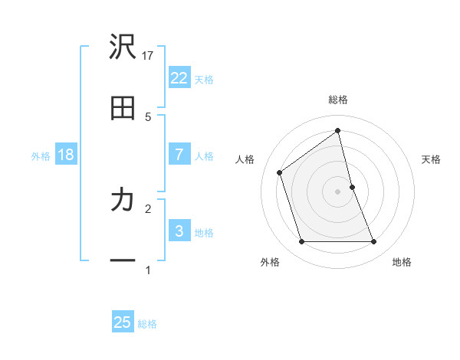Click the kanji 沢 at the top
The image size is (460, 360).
pos(123,47)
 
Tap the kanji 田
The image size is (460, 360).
pos(123,110)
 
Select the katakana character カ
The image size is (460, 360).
pos(123,201)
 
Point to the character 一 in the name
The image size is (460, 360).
pos(123,262)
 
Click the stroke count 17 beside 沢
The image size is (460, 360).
pos(149,55)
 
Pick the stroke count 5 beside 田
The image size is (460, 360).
pos(148,116)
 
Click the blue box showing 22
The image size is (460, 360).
pos(179,77)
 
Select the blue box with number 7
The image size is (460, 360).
pos(179,154)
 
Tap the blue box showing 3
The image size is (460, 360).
pos(179,231)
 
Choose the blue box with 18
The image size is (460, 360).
pos(66,155)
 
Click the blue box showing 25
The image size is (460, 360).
pos(123,322)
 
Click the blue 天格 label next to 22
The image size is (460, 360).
pos(204,79)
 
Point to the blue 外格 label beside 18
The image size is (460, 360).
pos(41,156)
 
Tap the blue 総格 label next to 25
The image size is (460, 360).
pos(147,324)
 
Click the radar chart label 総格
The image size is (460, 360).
pos(338,100)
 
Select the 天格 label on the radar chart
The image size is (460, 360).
pos(431,159)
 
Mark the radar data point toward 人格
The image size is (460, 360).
pos(280,172)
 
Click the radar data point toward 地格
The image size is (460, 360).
pos(374,242)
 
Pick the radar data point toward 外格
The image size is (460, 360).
pos(301,242)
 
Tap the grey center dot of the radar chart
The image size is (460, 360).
pos(338,191)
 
